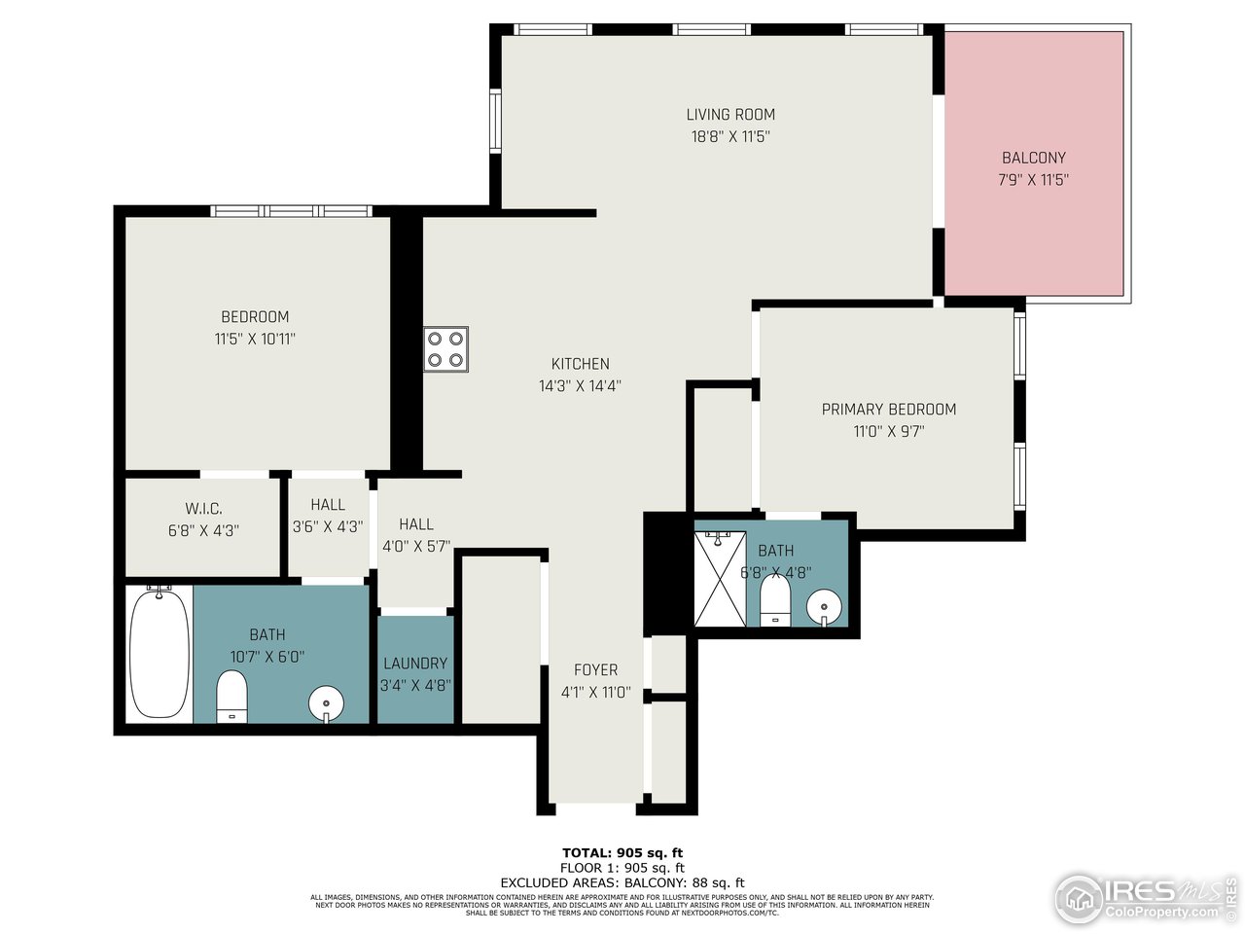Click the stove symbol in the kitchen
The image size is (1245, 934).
coord(446,349)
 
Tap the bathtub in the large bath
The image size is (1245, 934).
coord(160,654)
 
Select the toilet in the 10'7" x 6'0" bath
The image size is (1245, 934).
coord(232,697)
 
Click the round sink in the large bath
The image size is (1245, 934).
coord(326,702)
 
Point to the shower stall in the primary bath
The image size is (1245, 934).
coord(720,578)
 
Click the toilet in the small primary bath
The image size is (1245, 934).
coord(775,602)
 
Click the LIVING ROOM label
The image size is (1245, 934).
coord(730,115)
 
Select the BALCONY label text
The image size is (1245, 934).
coord(1034,158)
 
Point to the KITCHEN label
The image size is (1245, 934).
coord(581,364)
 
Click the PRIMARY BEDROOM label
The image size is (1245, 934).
coord(889,410)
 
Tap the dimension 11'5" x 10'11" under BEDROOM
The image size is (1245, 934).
coord(255,340)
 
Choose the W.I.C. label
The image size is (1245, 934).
coord(204,509)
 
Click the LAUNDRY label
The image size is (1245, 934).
coord(415,664)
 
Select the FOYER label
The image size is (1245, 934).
coord(595,670)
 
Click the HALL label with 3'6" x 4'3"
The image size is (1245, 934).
coord(328,505)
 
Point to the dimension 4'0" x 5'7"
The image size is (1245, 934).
coord(416,547)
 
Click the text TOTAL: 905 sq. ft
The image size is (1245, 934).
coord(622,853)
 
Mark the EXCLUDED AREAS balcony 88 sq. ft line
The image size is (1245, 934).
coord(622,882)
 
